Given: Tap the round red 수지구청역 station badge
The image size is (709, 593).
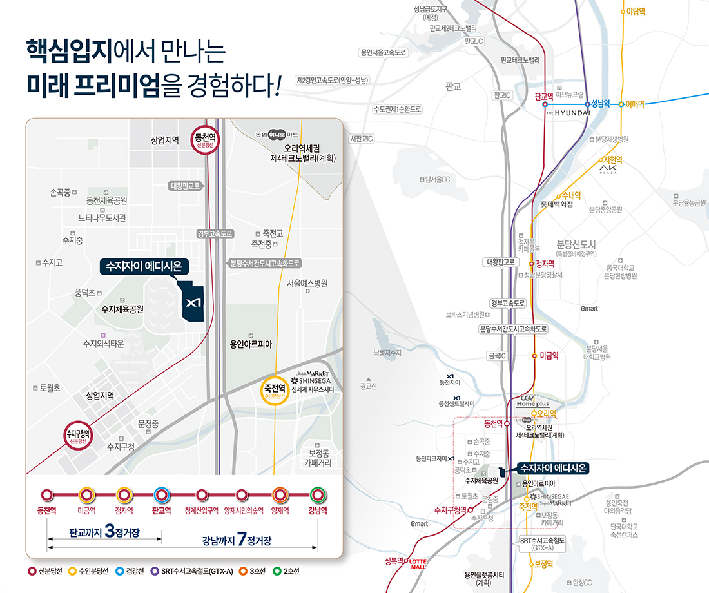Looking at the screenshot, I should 79,437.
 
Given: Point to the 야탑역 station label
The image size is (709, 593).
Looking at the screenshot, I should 636,11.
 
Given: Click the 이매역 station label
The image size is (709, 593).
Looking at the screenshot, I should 636,104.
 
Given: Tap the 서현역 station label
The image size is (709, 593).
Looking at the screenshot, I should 612,160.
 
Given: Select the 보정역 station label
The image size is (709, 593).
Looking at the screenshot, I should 544,563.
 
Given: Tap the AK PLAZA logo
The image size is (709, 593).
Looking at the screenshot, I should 608,169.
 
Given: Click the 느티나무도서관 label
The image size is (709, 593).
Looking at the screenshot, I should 102,218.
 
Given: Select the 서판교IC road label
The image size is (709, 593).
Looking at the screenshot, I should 362,139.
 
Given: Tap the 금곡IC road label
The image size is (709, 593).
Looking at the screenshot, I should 497,355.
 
